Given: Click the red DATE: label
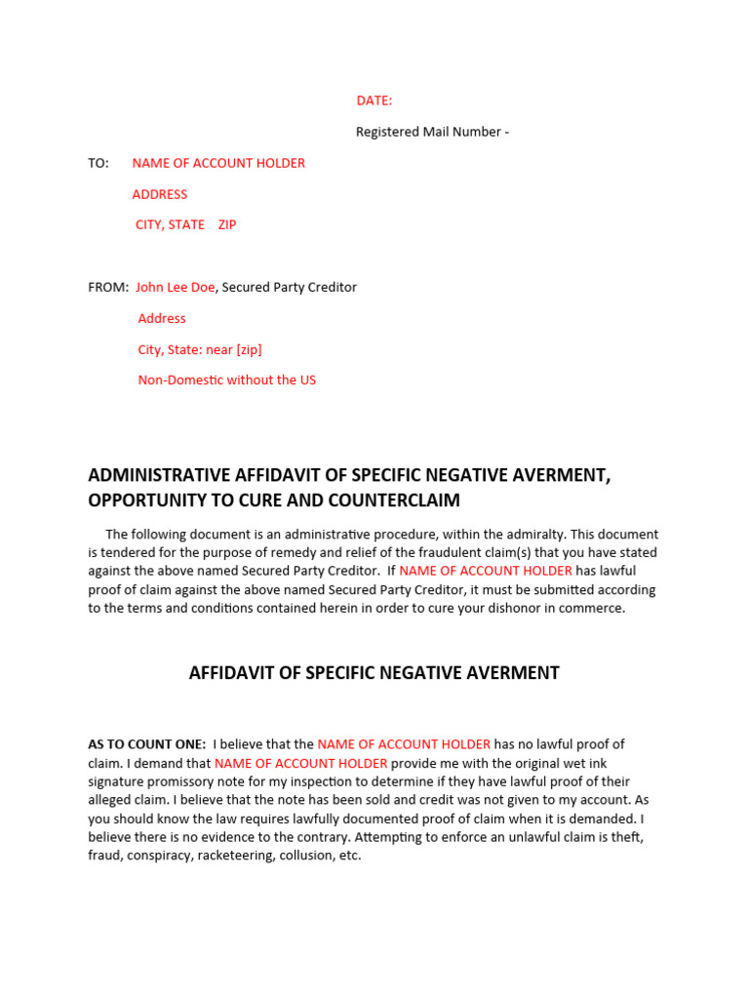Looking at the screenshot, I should (x=374, y=100).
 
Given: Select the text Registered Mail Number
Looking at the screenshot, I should (x=427, y=132).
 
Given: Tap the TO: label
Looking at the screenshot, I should (x=99, y=163).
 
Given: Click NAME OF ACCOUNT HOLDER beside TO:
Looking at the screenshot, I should (x=218, y=163).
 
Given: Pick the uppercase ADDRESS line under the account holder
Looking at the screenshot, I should (x=160, y=194).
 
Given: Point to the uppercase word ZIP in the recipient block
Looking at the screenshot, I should (x=227, y=224).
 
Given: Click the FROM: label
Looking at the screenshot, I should (x=108, y=287).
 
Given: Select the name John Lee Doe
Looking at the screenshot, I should (x=176, y=287).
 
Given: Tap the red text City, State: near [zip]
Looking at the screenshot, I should (x=200, y=349).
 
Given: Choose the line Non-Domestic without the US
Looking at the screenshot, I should (x=227, y=380).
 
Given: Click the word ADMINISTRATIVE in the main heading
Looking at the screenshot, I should (x=159, y=475).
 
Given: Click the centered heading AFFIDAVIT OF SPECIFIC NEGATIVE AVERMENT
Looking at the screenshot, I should (x=374, y=673).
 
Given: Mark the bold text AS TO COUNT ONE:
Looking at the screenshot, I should (x=147, y=744).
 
